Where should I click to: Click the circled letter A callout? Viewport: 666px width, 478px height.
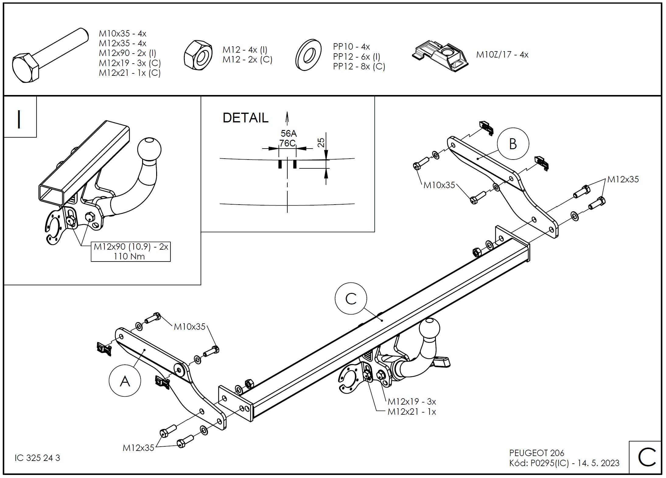[125, 381]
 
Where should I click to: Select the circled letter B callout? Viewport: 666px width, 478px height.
[513, 144]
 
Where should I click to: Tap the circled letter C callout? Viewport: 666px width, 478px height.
[351, 299]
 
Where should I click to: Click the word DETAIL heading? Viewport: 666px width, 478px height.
[245, 118]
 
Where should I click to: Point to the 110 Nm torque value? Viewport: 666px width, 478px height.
[129, 256]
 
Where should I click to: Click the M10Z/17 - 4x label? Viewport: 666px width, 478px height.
[502, 55]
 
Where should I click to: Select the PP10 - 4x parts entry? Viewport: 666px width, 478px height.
[351, 47]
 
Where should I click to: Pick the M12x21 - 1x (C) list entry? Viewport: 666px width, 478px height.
[130, 73]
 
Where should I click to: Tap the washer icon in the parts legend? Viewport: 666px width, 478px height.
[308, 55]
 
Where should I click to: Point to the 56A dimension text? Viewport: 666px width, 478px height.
[288, 133]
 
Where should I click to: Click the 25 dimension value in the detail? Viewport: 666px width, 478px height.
[321, 142]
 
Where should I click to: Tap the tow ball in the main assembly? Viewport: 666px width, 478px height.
[429, 330]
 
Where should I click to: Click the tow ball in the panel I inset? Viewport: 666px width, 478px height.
[149, 149]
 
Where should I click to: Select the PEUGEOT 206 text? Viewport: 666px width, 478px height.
[537, 453]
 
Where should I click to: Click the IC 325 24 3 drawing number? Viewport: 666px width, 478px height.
[37, 458]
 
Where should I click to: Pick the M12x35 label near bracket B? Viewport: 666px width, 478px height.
[623, 179]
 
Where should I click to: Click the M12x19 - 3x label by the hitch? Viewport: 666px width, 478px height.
[412, 402]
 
